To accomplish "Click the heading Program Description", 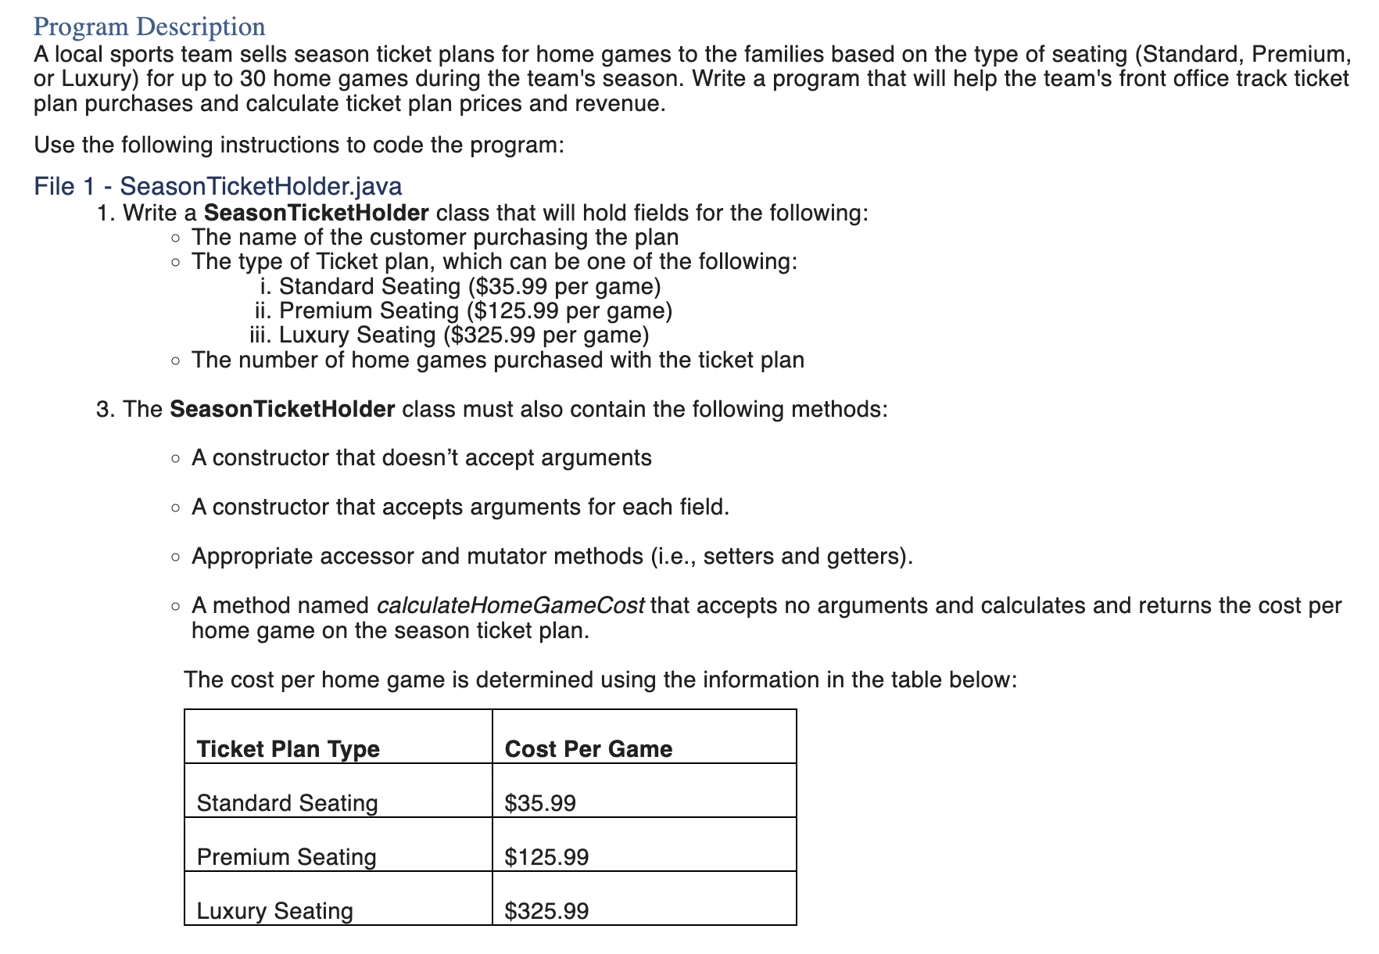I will click(149, 27).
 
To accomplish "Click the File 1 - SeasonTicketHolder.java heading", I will click(218, 186).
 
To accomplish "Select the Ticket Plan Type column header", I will click(288, 749).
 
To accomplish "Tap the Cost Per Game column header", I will click(588, 749).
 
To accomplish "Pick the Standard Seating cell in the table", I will click(287, 803).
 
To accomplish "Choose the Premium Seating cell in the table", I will click(286, 857).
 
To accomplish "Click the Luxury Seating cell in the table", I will click(274, 911).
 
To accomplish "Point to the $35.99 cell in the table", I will click(540, 803).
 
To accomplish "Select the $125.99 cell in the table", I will click(546, 857).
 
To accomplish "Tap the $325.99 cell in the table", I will click(546, 911).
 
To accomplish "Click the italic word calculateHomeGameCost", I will click(510, 606).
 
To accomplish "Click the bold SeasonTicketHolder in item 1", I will click(316, 213).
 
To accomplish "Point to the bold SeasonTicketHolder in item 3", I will click(282, 410).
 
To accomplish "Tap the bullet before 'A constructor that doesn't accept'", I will click(177, 458).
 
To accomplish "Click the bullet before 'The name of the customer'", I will click(177, 238).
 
